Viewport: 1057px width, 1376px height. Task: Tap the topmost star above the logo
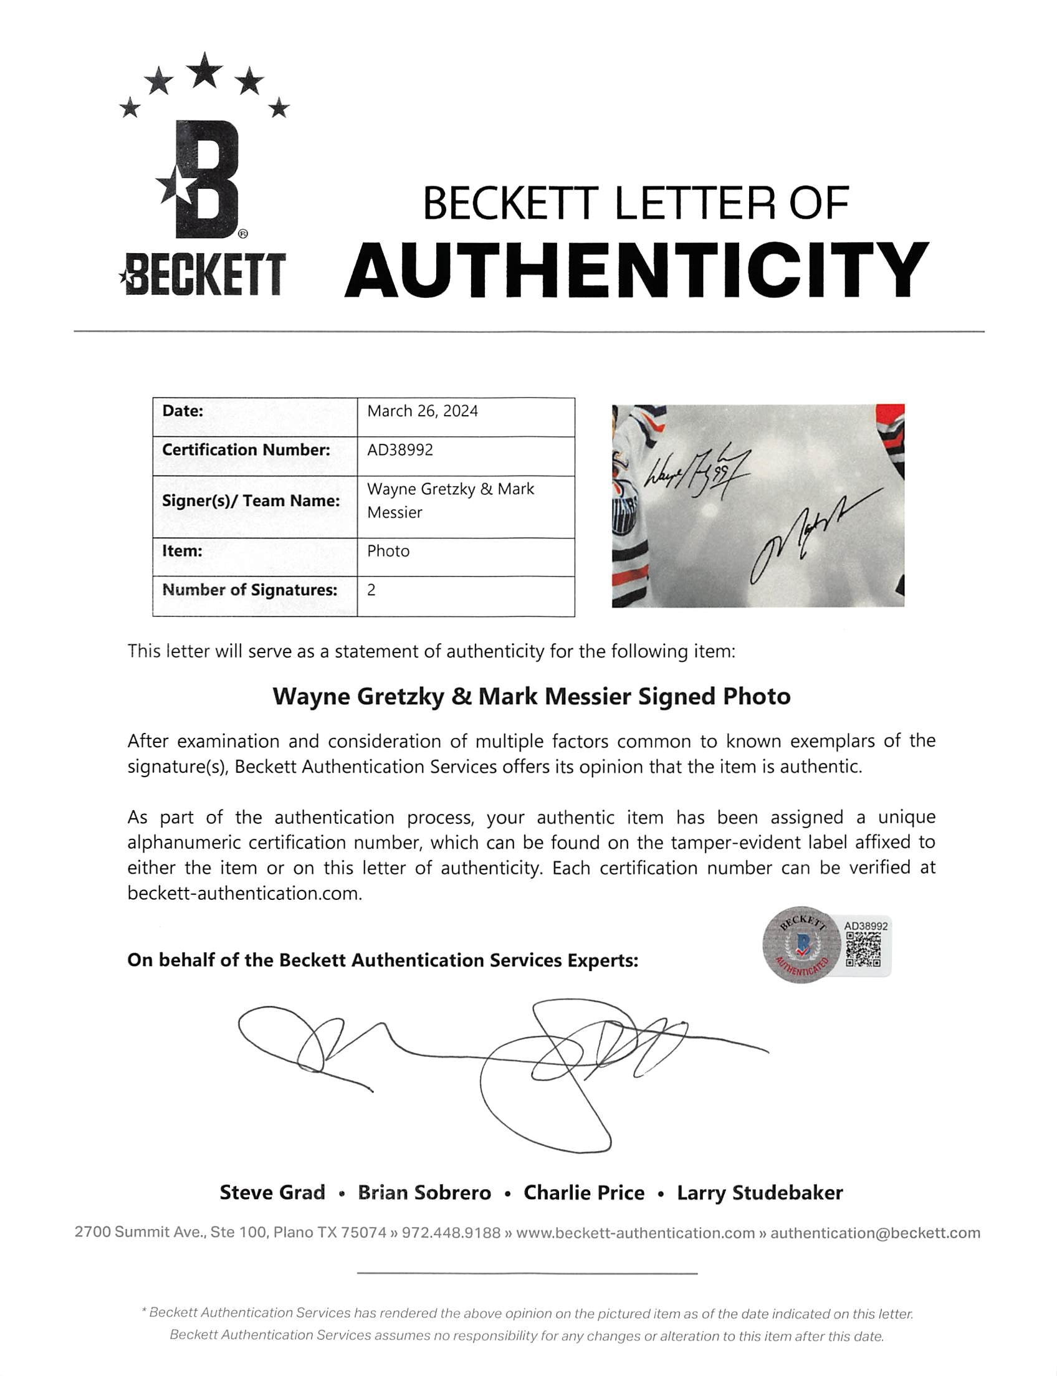(x=204, y=70)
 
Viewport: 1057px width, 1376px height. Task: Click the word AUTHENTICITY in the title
(x=636, y=270)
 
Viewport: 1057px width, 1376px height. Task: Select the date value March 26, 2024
(x=422, y=411)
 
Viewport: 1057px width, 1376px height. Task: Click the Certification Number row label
(x=246, y=450)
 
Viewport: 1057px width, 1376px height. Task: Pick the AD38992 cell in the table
(x=400, y=450)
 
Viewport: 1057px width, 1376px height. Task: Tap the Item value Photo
(x=388, y=551)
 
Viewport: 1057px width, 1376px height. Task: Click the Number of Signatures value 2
(x=371, y=590)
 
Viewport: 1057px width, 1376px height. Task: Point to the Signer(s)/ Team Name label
(x=251, y=501)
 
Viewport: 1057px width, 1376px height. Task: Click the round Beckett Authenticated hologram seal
(x=800, y=944)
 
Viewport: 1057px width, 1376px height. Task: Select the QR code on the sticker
(x=863, y=949)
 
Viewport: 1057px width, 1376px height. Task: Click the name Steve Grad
(x=272, y=1192)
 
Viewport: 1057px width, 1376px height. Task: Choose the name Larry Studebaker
(x=759, y=1192)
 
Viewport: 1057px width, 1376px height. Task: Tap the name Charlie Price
(x=584, y=1192)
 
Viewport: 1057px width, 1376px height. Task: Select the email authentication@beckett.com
(x=875, y=1233)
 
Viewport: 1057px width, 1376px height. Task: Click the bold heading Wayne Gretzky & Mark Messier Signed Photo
(x=531, y=697)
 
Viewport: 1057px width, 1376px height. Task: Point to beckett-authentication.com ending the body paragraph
(x=245, y=894)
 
